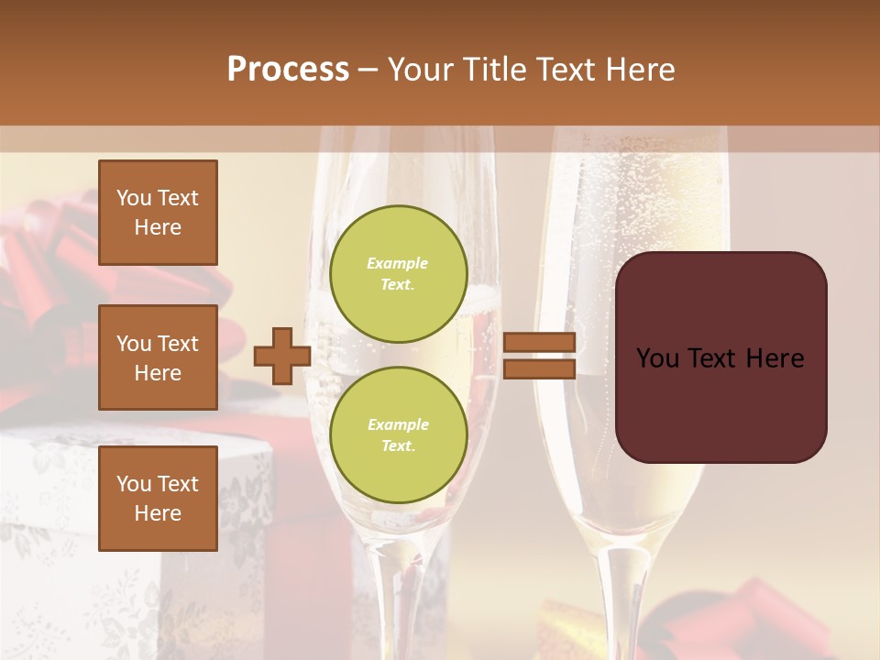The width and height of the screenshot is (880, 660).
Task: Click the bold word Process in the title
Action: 288,69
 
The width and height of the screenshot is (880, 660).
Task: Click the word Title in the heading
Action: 493,69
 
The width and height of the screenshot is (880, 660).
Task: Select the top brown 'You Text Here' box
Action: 158,213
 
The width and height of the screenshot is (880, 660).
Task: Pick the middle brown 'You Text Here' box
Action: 158,357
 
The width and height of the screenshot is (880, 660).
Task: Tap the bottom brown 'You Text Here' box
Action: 158,498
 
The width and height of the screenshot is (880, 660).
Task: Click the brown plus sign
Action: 282,356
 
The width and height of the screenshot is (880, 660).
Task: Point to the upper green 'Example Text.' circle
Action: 399,273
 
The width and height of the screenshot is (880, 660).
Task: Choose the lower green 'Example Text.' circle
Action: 399,434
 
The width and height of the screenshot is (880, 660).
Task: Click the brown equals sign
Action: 539,356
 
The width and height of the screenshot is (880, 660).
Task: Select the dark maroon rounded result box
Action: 720,357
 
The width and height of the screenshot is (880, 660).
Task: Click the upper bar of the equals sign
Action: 539,342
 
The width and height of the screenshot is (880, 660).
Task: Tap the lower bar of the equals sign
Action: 539,368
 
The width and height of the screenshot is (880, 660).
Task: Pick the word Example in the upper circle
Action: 398,263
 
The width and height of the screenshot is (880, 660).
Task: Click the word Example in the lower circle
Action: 398,424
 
